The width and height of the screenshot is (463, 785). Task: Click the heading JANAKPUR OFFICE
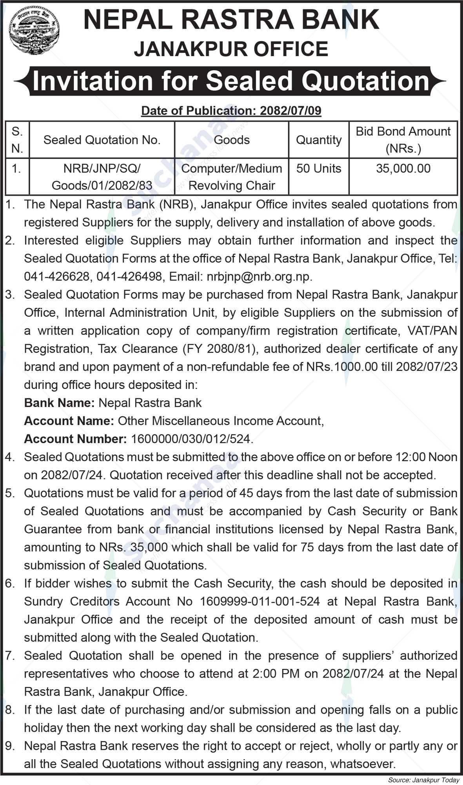point(231,49)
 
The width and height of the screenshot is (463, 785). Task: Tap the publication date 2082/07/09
point(291,111)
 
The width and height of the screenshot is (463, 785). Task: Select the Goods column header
point(232,140)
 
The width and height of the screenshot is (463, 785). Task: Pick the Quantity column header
point(319,140)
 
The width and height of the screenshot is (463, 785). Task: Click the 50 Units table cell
point(319,169)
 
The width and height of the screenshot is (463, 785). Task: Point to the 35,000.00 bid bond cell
point(403,169)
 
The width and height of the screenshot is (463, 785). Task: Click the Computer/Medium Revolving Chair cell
point(232,177)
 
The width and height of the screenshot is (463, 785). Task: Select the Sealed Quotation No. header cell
point(102,140)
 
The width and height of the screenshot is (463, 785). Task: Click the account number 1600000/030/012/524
point(190,439)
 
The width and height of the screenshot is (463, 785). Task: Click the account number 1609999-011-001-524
point(260,601)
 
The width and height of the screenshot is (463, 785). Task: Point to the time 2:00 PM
point(276,673)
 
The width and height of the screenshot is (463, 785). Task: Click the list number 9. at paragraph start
point(9,745)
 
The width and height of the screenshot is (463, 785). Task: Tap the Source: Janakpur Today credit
point(423,780)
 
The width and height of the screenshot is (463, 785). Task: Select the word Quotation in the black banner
point(364,81)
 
